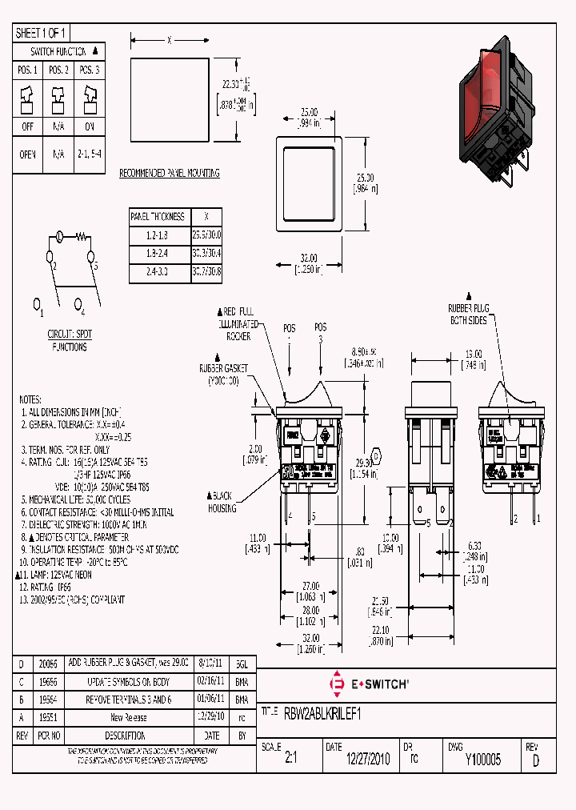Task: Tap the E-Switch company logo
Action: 370,685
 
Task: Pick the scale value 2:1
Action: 290,760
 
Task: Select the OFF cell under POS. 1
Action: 27,126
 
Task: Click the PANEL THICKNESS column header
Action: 158,216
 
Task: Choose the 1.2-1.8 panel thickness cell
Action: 158,235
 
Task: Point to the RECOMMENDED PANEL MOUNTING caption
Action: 169,173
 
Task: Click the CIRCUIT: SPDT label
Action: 70,335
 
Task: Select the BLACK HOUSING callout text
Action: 220,501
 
